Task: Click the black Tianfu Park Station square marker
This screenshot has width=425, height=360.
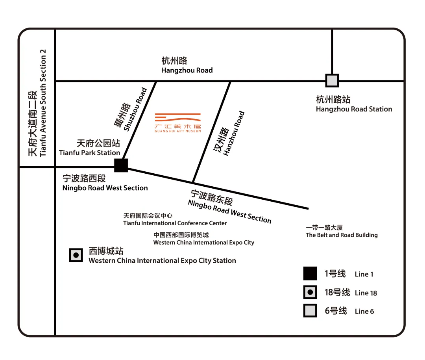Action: point(121,165)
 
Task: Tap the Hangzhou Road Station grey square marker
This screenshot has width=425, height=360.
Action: point(332,80)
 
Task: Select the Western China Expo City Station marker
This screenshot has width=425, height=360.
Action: point(76,255)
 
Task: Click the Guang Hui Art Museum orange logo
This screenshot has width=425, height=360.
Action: point(178,122)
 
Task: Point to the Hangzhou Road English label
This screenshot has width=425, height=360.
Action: point(187,71)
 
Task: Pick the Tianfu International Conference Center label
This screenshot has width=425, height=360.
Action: point(175,223)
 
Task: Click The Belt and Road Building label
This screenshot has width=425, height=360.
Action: point(342,235)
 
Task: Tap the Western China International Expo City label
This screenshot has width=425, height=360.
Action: point(204,243)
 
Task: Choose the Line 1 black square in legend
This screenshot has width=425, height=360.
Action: point(310,273)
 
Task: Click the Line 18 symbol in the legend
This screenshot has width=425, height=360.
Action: point(310,292)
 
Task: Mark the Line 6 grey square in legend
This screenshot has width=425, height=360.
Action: point(310,310)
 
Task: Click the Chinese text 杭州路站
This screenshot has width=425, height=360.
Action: point(333,99)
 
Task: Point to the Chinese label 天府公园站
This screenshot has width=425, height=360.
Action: point(98,143)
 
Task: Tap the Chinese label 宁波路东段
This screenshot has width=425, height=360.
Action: point(211,197)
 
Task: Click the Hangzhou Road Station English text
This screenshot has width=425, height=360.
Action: point(354,109)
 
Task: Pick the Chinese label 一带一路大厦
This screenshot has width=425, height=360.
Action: point(324,228)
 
